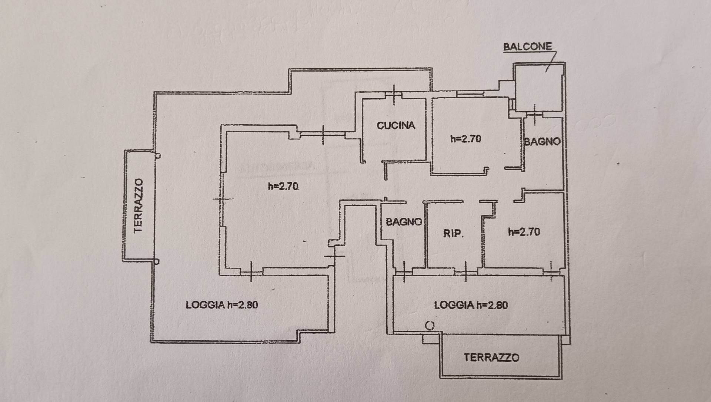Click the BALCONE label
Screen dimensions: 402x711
tap(527, 47)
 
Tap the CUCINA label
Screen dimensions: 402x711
tap(396, 126)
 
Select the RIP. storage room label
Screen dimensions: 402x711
tap(453, 234)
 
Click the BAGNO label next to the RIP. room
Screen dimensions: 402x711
tap(404, 222)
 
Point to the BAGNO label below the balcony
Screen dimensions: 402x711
tap(542, 141)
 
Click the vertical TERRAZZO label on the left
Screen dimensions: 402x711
tap(138, 206)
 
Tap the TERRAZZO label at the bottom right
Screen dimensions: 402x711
tap(491, 357)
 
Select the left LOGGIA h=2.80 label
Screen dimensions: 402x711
tap(222, 305)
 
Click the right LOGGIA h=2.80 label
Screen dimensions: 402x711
tap(471, 305)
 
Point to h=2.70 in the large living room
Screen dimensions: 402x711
tap(283, 186)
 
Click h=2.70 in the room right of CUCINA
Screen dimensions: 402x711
tap(466, 139)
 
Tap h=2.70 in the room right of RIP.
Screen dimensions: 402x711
tap(524, 232)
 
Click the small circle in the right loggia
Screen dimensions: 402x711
tap(430, 326)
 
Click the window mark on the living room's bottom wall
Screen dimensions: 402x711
tap(251, 272)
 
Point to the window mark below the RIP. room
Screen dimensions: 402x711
tap(465, 272)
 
